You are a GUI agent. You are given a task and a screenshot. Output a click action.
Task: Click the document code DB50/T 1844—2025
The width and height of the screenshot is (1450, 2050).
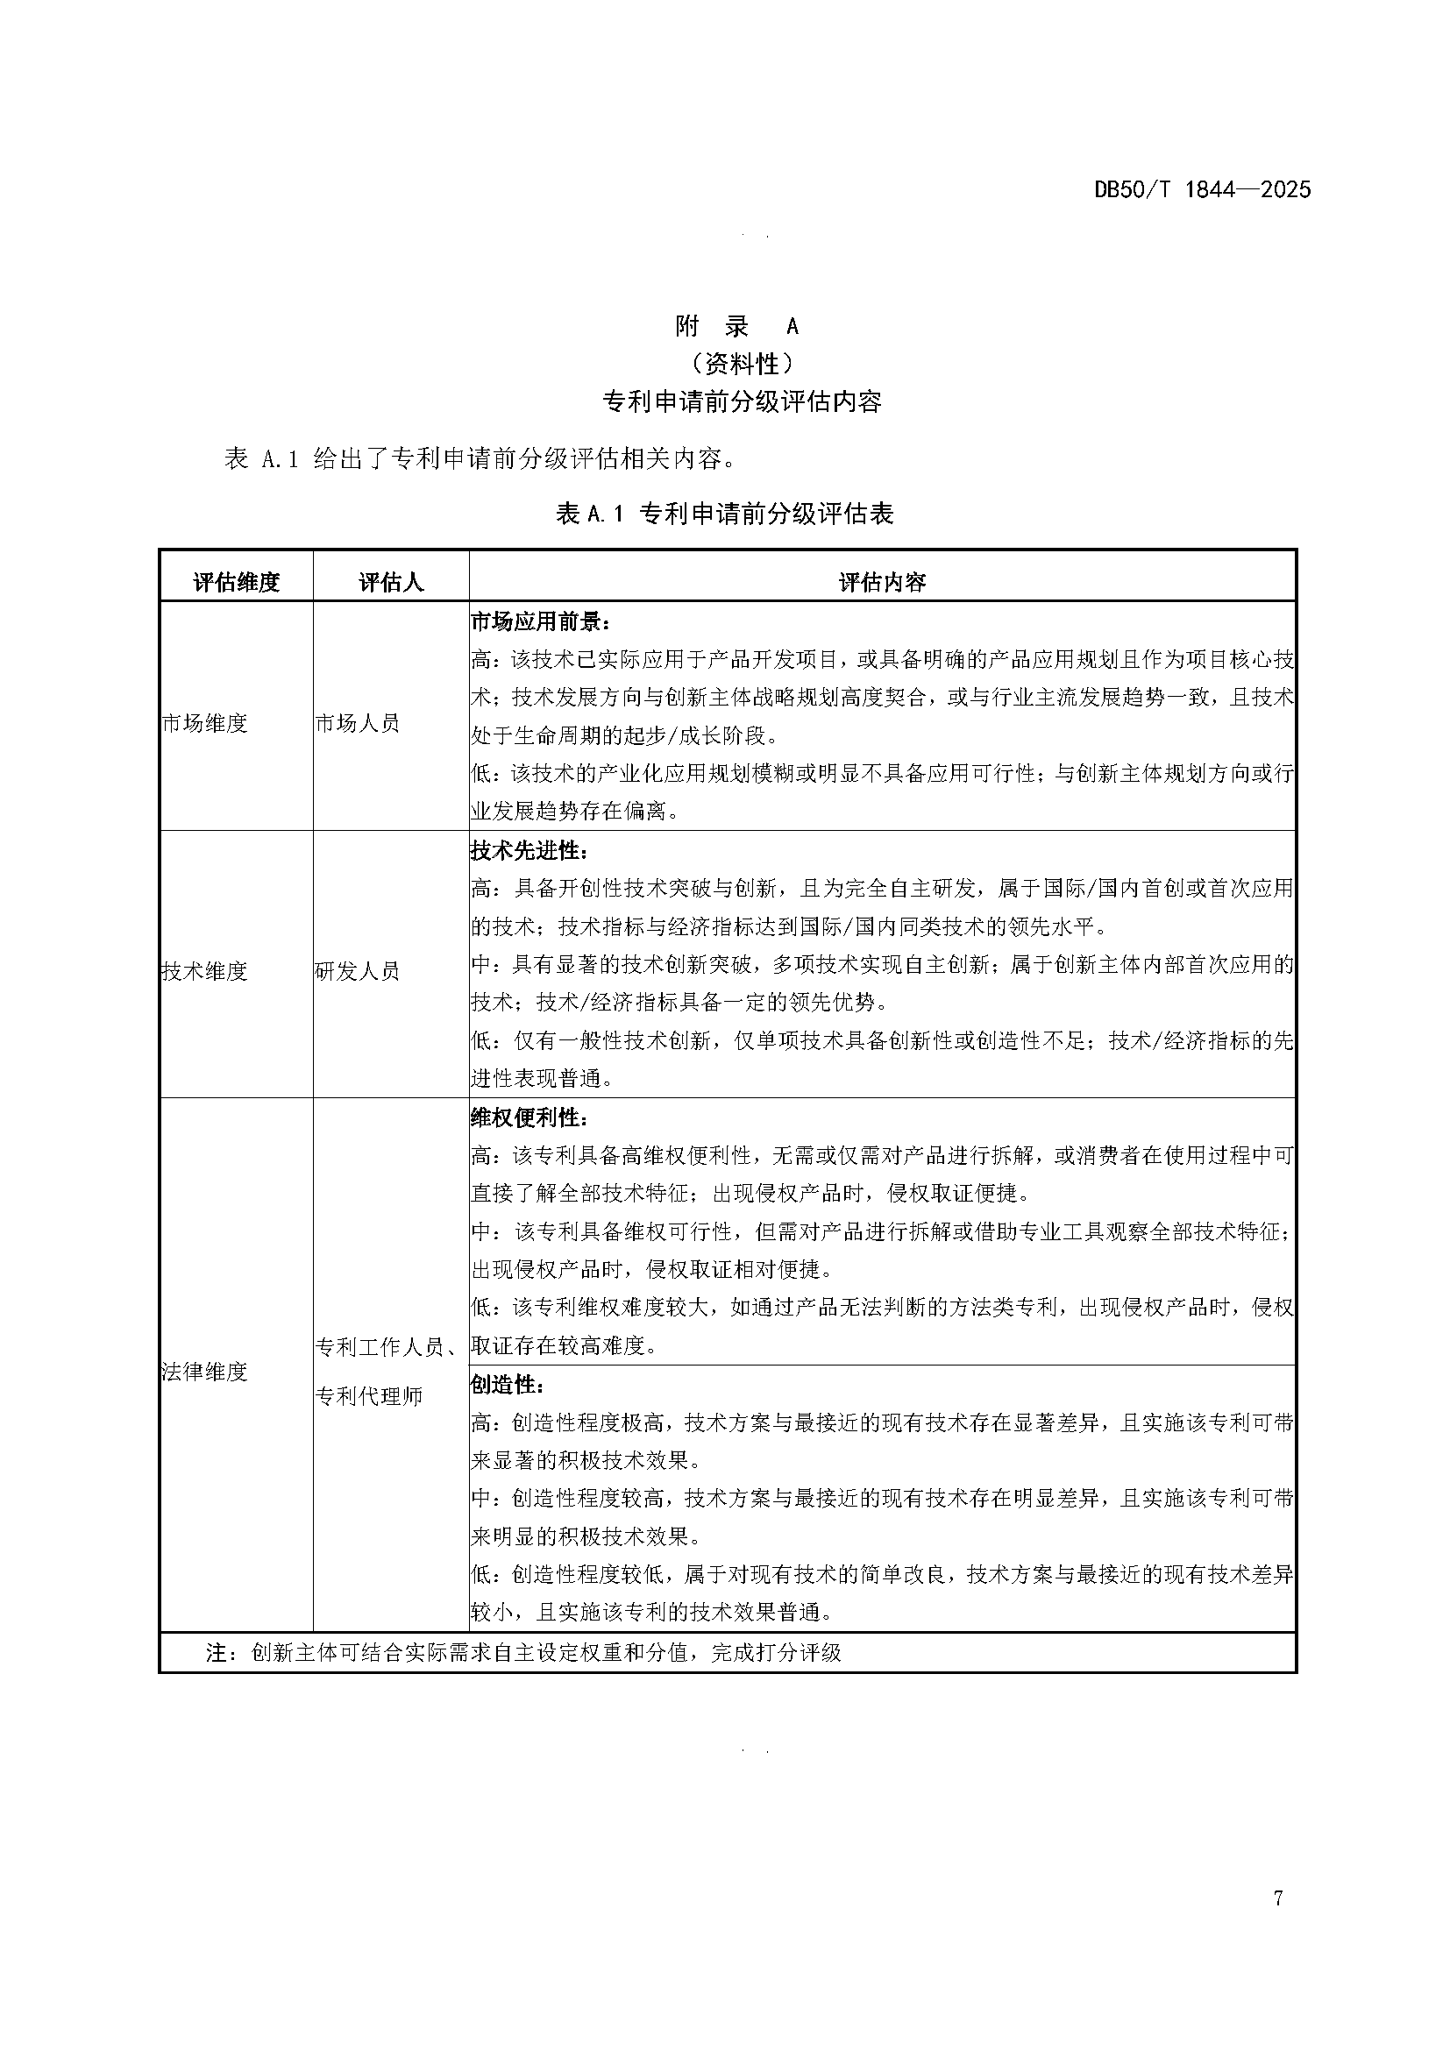click(x=1202, y=189)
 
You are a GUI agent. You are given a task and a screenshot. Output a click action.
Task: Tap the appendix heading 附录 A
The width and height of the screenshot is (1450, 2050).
click(x=736, y=327)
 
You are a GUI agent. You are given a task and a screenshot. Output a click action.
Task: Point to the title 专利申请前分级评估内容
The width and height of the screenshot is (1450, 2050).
click(x=742, y=401)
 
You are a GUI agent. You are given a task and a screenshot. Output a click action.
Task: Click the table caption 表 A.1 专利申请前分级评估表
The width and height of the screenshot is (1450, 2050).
click(x=725, y=514)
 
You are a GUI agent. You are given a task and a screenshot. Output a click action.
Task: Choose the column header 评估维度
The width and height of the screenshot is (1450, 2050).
click(x=237, y=583)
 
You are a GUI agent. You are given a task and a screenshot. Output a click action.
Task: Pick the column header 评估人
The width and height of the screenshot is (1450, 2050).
click(x=391, y=583)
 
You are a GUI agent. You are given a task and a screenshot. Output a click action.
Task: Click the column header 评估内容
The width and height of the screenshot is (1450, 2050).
click(x=882, y=583)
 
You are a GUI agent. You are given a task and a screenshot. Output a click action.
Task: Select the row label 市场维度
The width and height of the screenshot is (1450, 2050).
click(x=204, y=723)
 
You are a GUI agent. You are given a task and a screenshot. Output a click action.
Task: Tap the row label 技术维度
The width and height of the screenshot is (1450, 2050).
click(x=204, y=971)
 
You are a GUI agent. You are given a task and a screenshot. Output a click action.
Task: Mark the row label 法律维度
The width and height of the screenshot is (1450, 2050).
click(x=204, y=1372)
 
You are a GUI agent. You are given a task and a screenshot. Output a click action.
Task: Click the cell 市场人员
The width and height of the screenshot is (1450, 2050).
click(x=357, y=723)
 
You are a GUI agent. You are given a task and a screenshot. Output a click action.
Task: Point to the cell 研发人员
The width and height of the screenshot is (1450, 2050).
click(x=357, y=971)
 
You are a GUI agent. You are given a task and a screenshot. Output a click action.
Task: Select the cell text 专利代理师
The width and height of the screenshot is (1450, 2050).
click(x=369, y=1396)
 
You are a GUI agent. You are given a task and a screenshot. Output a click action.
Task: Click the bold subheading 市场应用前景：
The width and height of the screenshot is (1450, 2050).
click(x=540, y=621)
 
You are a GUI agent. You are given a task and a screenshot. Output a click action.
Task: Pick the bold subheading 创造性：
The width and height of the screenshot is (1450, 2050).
click(x=507, y=1385)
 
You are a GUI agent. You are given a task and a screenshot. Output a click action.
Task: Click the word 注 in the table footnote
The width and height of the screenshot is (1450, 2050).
click(x=217, y=1653)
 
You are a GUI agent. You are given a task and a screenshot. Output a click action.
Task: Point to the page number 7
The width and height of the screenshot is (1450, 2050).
click(x=1278, y=1923)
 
